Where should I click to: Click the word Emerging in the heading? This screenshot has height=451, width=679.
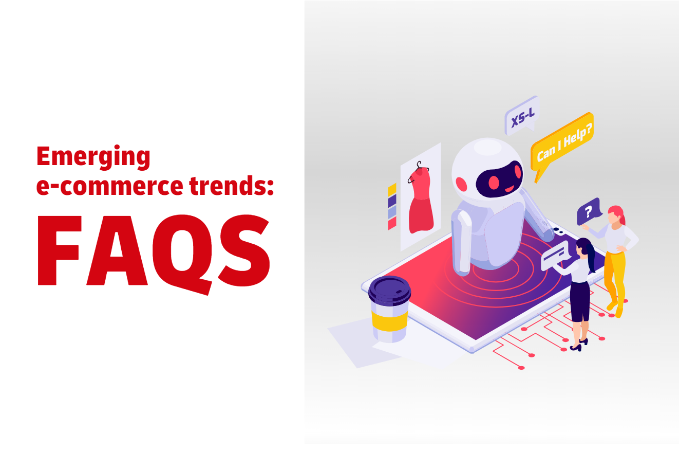coord(93,157)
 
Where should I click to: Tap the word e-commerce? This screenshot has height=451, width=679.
coord(110,186)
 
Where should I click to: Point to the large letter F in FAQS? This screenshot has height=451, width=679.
coord(60,250)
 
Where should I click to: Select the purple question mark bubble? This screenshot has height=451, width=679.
coord(589,211)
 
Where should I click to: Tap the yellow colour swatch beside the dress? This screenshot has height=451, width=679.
coord(392,190)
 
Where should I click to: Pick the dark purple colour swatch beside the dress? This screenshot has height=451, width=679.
coord(392,201)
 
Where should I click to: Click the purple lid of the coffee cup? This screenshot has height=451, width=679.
coord(389,291)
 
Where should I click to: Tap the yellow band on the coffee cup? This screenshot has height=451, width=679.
coord(389,321)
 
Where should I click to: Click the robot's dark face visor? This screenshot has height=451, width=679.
coord(499,179)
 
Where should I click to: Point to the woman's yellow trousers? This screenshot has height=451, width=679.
coord(615,280)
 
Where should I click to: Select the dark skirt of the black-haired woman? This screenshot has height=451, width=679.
coord(580,301)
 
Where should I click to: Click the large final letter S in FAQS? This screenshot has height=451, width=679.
coord(244,250)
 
